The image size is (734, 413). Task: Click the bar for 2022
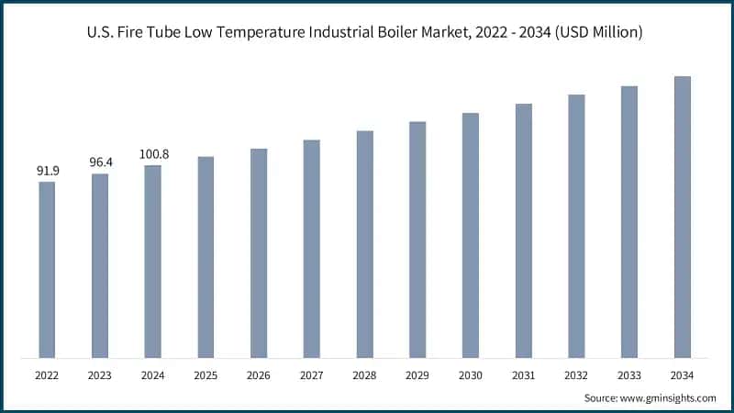[x=47, y=270]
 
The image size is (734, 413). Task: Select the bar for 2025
[x=206, y=257]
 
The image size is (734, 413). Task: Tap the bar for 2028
[x=364, y=244]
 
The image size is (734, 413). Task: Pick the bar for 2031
[x=523, y=230]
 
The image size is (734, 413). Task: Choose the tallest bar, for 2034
[x=682, y=217]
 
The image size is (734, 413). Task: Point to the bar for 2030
[x=470, y=235]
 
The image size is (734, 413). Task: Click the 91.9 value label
[x=47, y=171]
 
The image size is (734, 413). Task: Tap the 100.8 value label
[x=152, y=154]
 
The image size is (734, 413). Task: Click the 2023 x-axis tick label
[x=99, y=375]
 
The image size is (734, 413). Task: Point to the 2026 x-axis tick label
[x=258, y=375]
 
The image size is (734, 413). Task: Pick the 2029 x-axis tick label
[x=417, y=375]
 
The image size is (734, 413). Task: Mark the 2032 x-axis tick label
[x=575, y=375]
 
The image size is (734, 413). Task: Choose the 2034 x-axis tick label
[x=682, y=375]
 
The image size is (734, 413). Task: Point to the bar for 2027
[x=311, y=249]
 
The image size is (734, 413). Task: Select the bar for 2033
[x=628, y=221]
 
